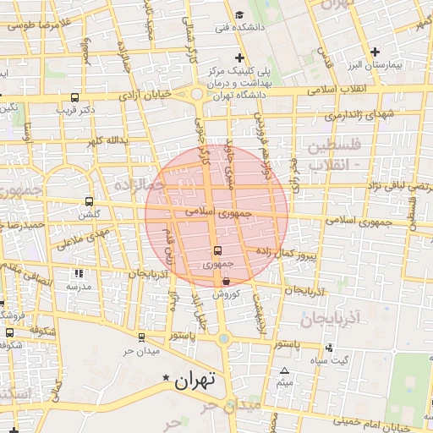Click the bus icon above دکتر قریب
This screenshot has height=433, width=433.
(75, 97)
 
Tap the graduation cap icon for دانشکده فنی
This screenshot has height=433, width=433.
(239, 14)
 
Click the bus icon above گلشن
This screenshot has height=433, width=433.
(89, 201)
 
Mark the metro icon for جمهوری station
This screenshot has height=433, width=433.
(217, 250)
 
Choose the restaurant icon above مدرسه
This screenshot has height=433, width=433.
(79, 274)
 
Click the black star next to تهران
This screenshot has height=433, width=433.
(166, 378)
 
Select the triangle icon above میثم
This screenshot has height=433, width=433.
(284, 370)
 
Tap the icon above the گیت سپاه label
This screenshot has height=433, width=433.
(328, 347)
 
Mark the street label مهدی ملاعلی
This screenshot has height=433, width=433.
(81, 238)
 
